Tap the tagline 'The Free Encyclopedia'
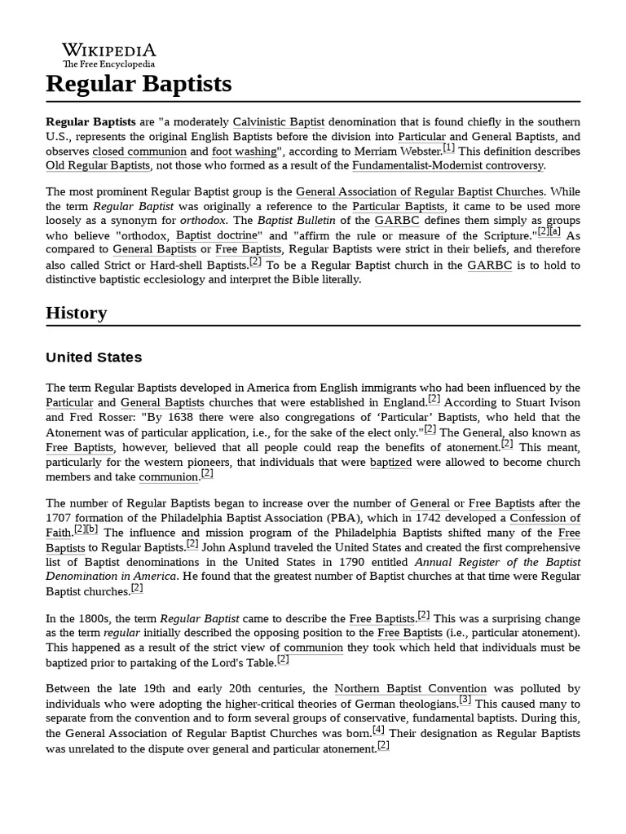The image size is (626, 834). [x=108, y=64]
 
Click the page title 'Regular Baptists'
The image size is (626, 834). [x=139, y=83]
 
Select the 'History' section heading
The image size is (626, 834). [x=76, y=313]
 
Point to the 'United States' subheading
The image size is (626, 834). [x=94, y=357]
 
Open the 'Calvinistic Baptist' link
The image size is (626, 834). [x=279, y=121]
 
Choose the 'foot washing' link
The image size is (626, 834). [x=244, y=151]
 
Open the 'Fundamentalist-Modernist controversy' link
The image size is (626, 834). [x=447, y=165]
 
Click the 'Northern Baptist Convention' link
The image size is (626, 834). [x=411, y=688]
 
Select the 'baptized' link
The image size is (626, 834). [x=390, y=462]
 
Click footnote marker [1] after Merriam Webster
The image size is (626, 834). [x=449, y=148]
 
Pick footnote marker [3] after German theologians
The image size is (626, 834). [x=465, y=700]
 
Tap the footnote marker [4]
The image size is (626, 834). [x=378, y=730]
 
